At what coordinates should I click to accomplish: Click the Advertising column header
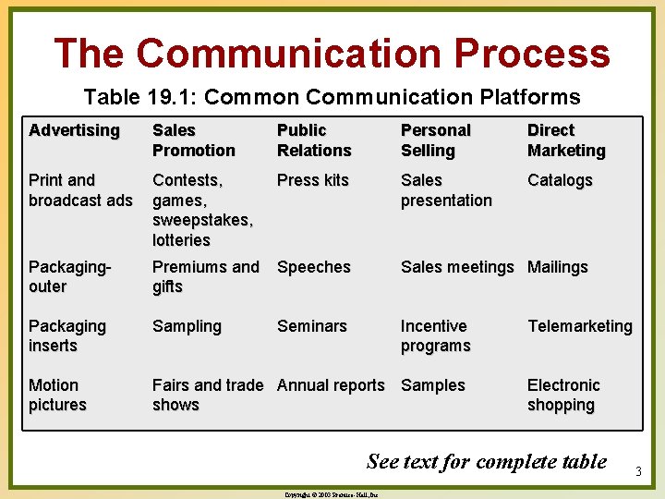point(74,130)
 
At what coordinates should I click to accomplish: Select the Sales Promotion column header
point(193,140)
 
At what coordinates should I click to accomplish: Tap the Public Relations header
point(314,140)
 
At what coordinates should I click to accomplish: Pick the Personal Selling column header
point(435,140)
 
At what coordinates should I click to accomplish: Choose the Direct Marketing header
point(566,140)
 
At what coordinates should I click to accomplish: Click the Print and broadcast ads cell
point(80,189)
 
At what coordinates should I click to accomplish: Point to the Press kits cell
point(312,180)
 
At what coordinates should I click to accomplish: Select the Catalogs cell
point(560,180)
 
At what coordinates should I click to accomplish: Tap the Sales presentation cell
point(446,189)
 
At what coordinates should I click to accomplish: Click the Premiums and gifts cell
point(205,276)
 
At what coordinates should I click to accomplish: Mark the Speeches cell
point(314,267)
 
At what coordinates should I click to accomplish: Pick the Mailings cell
point(557,267)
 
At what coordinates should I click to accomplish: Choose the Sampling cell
point(187,326)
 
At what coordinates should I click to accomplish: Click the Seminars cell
point(312,326)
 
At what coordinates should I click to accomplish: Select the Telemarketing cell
point(579,326)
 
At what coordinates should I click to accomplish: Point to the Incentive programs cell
point(435,335)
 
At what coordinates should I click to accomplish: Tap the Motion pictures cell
point(57,395)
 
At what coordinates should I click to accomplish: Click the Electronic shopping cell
point(563,395)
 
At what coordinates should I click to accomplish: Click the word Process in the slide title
point(524,54)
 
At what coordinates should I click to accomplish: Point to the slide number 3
point(637,472)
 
